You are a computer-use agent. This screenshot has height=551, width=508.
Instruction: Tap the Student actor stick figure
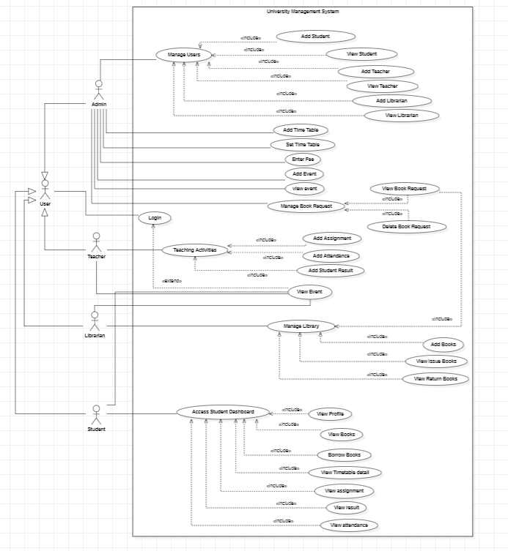[96, 413]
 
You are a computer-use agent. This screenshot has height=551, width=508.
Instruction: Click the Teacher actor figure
[96, 242]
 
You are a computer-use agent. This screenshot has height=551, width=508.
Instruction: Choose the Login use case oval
[155, 217]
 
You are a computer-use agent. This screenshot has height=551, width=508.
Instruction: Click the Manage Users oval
[184, 55]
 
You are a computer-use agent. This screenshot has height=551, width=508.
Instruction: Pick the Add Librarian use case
[391, 101]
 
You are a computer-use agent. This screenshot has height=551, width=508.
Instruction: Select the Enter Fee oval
[303, 159]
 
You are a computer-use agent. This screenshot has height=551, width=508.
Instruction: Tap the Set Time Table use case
[303, 144]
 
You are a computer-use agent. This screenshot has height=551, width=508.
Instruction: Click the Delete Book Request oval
[405, 227]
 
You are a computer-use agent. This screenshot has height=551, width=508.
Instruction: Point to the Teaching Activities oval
[195, 250]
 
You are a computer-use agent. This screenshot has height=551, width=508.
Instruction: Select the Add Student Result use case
[330, 271]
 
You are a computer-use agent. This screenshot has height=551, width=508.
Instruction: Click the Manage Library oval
[301, 326]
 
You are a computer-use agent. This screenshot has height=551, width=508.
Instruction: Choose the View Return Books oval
[435, 378]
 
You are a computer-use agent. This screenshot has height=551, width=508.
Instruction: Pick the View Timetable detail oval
[344, 472]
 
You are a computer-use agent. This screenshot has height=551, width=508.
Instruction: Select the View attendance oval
[349, 525]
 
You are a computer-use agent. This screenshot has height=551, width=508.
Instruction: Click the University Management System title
[303, 12]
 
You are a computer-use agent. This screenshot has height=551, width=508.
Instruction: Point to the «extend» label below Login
[171, 280]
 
